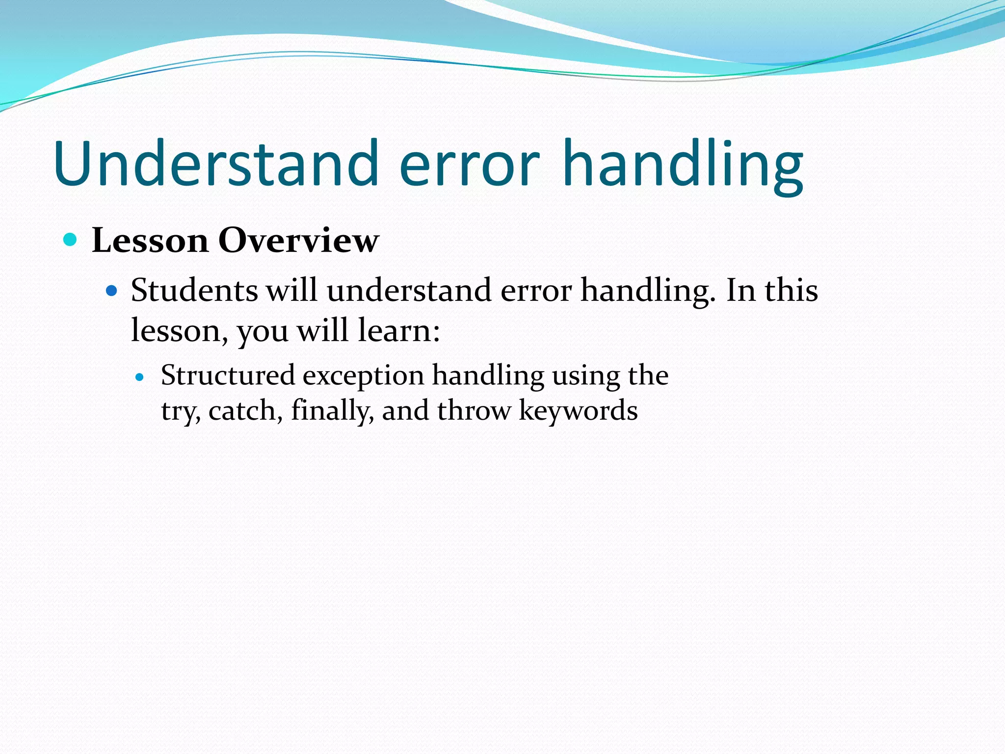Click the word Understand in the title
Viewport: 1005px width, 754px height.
(x=216, y=163)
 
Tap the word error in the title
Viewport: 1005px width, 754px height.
(x=470, y=167)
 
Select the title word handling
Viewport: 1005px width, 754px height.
(x=683, y=167)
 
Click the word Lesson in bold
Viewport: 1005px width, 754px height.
(x=150, y=241)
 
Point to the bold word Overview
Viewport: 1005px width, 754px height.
(x=298, y=241)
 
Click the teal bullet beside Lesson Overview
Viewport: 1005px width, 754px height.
(x=71, y=240)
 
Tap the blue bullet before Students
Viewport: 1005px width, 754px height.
(x=112, y=291)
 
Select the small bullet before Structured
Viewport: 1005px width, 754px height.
(x=140, y=377)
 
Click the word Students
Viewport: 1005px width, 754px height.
(x=194, y=290)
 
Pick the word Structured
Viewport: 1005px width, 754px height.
(x=228, y=376)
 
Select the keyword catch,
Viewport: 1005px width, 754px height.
(x=245, y=411)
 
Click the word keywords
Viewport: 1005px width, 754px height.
(x=578, y=411)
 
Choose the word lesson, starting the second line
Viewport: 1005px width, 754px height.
(x=179, y=331)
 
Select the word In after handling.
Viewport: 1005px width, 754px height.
(x=741, y=290)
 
